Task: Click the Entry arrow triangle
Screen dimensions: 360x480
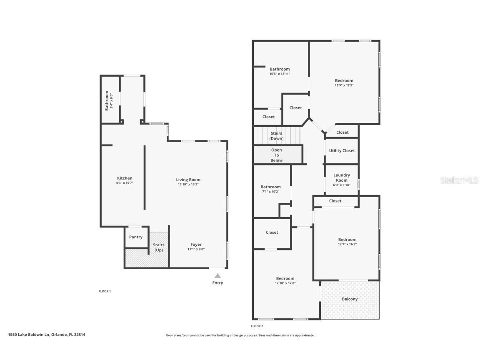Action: click(217, 275)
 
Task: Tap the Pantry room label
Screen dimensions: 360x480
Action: click(135, 237)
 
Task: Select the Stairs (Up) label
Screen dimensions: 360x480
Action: click(159, 247)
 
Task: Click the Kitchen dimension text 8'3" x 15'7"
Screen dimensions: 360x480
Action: click(124, 182)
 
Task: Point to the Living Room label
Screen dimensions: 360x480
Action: click(188, 180)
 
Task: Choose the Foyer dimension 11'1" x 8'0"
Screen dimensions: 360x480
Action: click(196, 249)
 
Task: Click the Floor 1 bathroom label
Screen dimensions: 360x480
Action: click(107, 100)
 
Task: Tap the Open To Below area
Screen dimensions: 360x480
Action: click(276, 155)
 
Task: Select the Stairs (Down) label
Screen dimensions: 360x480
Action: click(276, 136)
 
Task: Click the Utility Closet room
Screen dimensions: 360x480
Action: click(342, 151)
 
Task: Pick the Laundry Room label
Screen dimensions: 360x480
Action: click(342, 177)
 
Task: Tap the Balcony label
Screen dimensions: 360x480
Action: click(350, 299)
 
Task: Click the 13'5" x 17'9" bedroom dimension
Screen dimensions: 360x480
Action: click(344, 85)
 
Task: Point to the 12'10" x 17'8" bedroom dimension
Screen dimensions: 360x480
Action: click(285, 283)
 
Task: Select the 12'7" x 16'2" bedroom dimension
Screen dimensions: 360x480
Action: click(347, 244)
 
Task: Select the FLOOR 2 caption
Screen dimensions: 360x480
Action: click(257, 326)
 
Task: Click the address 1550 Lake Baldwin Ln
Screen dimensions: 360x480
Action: click(47, 335)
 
